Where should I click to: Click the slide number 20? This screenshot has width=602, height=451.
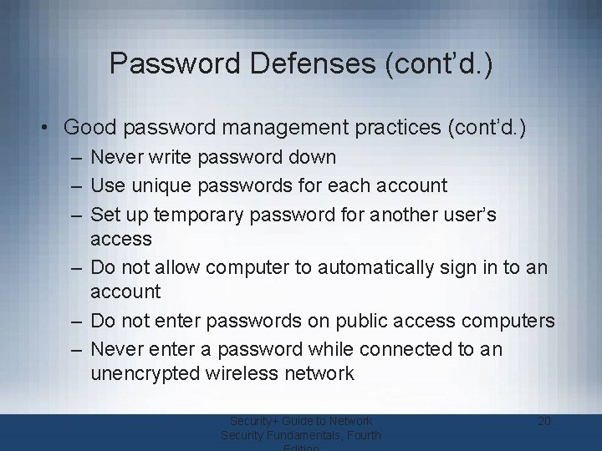543,421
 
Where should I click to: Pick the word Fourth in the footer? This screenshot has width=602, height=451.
362,435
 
